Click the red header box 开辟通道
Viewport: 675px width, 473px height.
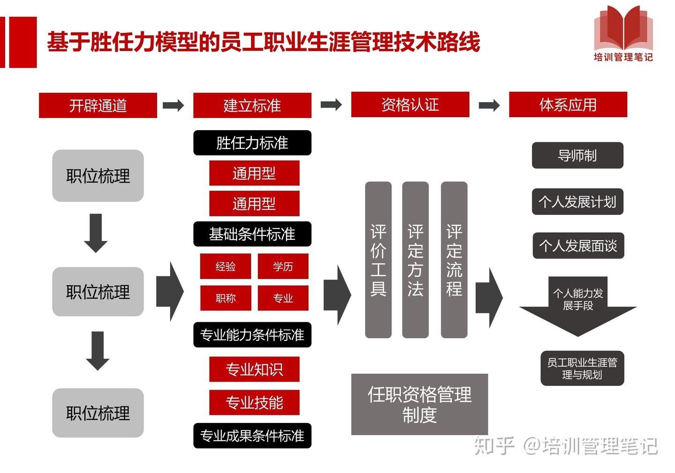pos(97,105)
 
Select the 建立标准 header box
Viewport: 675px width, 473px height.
pos(252,105)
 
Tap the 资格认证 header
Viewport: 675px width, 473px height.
pos(410,104)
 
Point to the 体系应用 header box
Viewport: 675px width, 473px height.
pos(568,104)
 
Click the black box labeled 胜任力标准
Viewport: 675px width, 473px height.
pos(252,143)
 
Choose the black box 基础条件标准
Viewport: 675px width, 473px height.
pos(252,234)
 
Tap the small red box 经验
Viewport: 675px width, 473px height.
pos(225,266)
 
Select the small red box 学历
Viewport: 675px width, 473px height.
pos(283,266)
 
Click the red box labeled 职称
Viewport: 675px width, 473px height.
pos(225,298)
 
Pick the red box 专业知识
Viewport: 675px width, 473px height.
pos(254,370)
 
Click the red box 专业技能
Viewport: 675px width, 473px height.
pos(254,402)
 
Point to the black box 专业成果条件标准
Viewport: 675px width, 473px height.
pos(252,436)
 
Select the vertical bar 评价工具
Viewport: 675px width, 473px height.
pos(378,260)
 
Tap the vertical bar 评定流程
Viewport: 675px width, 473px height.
pos(454,260)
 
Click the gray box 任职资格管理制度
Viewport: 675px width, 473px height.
pos(420,404)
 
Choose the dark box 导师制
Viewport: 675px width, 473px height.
pos(577,155)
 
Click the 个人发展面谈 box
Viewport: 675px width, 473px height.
pos(578,245)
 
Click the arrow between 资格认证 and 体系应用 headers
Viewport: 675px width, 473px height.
pos(489,105)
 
